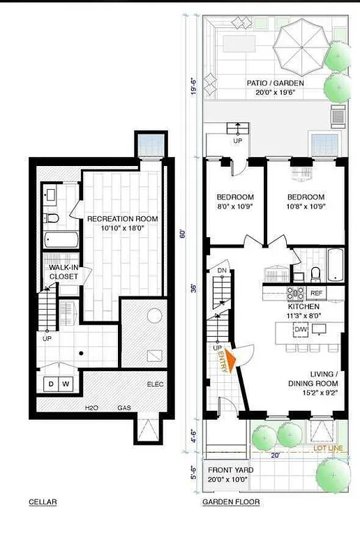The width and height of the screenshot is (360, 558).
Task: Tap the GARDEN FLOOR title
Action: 231,502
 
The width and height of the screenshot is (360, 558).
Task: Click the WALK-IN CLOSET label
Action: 63,272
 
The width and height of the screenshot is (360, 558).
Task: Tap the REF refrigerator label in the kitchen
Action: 316,294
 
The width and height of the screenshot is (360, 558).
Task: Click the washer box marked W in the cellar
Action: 66,384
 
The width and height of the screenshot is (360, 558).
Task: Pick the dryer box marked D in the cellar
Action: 51,384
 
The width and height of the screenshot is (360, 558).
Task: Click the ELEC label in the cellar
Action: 156,384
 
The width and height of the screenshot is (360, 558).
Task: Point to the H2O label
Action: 91,407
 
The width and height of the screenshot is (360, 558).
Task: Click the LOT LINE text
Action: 329,448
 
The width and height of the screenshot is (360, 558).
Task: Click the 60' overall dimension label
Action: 183,234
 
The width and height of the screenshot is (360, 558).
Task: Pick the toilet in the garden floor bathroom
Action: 315,273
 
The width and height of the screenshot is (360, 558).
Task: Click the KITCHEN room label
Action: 303,307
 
